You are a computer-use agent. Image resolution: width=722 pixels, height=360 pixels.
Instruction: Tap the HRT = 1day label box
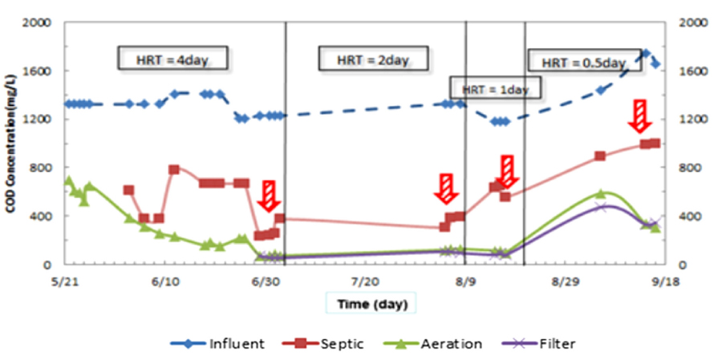click(495, 89)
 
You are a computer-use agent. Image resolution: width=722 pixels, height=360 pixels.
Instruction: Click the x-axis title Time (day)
click(370, 304)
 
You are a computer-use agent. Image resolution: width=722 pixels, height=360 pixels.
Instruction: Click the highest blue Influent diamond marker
click(646, 53)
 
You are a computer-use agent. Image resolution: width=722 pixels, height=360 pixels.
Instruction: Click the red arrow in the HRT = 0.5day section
click(639, 116)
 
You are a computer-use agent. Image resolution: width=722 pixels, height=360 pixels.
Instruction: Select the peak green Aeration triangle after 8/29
click(600, 193)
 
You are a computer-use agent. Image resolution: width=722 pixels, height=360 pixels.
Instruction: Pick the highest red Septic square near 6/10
click(174, 169)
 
